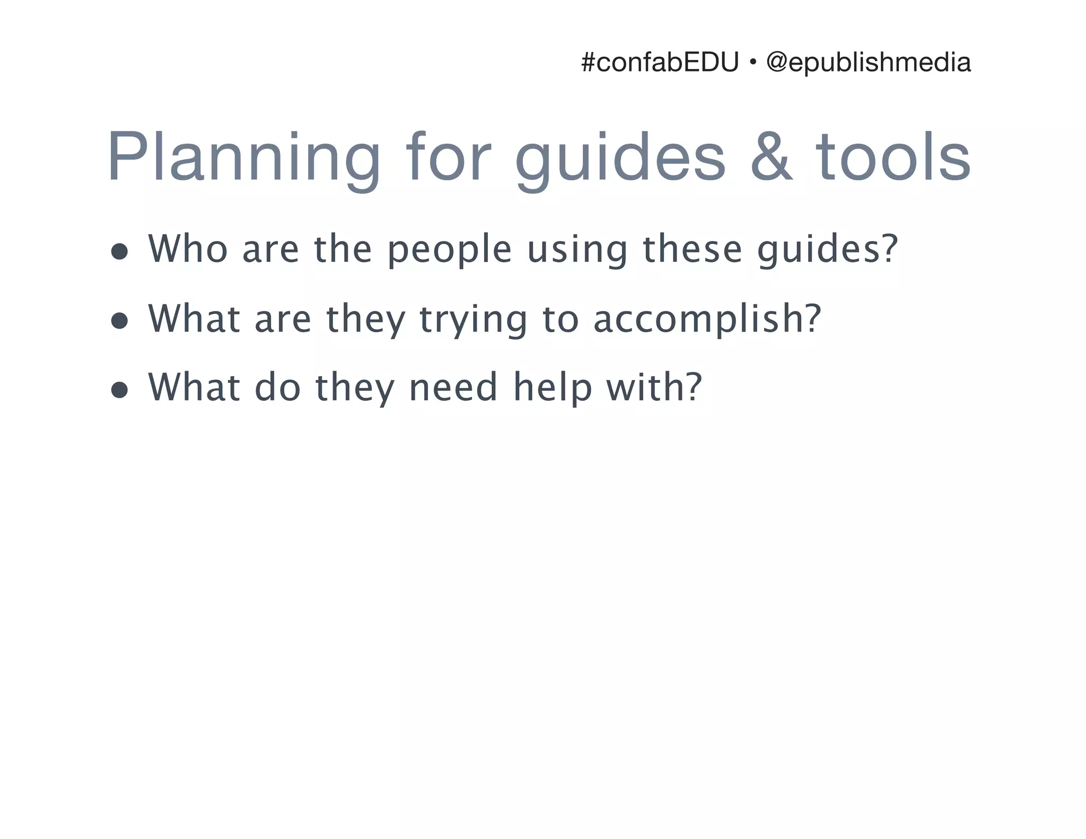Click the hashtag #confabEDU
coord(659,63)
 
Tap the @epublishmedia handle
coord(868,63)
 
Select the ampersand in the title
coord(771,158)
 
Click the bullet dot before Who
coord(120,251)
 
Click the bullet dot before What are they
coord(120,321)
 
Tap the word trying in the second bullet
coord(474,320)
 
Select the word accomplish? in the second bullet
coord(707,320)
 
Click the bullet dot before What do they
coord(120,390)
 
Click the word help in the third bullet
coord(552,388)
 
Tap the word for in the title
coord(448,158)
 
